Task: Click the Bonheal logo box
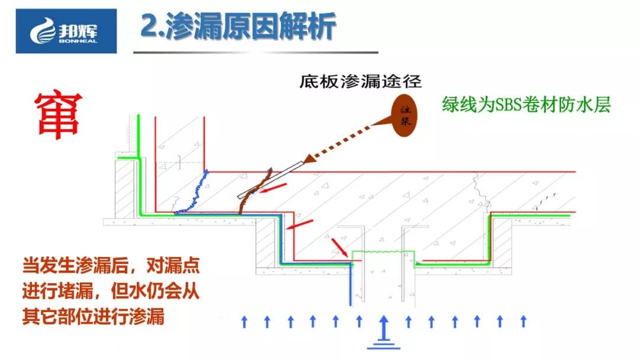tap(66, 31)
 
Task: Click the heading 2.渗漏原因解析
tap(238, 27)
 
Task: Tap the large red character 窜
tap(58, 116)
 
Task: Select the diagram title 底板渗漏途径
tap(360, 82)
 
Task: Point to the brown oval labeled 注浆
tap(404, 115)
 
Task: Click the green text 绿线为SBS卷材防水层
tap(527, 104)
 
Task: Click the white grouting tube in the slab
tap(270, 180)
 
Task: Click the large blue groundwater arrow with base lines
tap(383, 332)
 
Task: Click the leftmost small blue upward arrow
tap(244, 322)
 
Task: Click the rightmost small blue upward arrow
tap(524, 322)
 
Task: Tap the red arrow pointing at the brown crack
tap(273, 188)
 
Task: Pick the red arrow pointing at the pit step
tap(299, 224)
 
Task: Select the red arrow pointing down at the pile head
tap(340, 248)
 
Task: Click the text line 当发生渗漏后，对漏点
tap(111, 265)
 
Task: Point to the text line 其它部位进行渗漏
tap(93, 316)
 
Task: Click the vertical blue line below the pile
tap(350, 284)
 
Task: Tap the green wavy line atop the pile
tap(383, 252)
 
